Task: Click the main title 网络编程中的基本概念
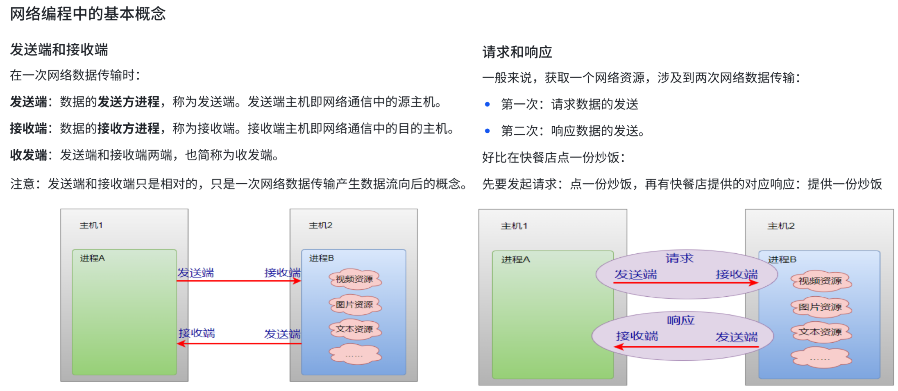[x=88, y=14]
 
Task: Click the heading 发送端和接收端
[x=59, y=50]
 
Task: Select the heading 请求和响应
[x=517, y=52]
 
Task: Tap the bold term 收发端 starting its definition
[x=28, y=155]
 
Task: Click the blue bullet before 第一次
[x=487, y=104]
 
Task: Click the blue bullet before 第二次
[x=487, y=131]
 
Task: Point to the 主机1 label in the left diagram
[x=91, y=225]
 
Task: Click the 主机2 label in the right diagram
[x=781, y=226]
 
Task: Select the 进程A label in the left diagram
[x=92, y=258]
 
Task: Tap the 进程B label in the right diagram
[x=782, y=259]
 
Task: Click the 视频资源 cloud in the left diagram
[x=355, y=280]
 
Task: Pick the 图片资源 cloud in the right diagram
[x=821, y=307]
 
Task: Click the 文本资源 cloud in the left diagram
[x=355, y=329]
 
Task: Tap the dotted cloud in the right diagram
[x=821, y=358]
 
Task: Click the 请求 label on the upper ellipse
[x=679, y=258]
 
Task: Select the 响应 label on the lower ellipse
[x=680, y=320]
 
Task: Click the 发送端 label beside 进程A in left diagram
[x=196, y=273]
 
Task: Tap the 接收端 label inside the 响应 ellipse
[x=637, y=336]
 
